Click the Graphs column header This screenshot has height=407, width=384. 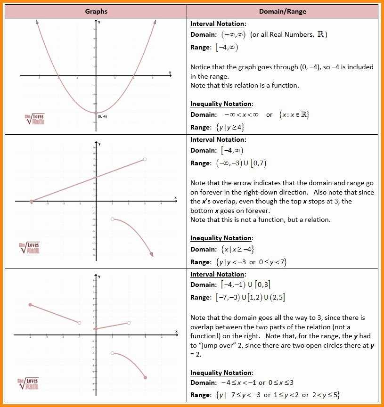point(96,11)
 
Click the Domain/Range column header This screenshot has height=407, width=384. point(283,11)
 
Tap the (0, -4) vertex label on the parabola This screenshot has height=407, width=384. point(103,116)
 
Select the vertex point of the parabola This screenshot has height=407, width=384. point(96,113)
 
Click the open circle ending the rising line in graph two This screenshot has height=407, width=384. point(145,159)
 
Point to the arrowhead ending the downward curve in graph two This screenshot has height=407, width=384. point(152,255)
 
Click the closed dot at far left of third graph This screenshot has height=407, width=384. point(30,305)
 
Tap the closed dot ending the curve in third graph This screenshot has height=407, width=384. point(145,377)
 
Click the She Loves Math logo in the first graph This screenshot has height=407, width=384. point(35,119)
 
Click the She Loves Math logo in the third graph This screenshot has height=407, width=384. point(29,383)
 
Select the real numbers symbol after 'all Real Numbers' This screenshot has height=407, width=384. point(320,34)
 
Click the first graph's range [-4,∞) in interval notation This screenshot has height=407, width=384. point(227,48)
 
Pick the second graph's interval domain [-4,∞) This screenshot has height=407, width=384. point(232,151)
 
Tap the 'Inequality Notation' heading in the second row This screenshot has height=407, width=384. point(221,238)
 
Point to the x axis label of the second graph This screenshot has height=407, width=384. point(175,197)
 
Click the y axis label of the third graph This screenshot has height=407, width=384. point(99,277)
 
